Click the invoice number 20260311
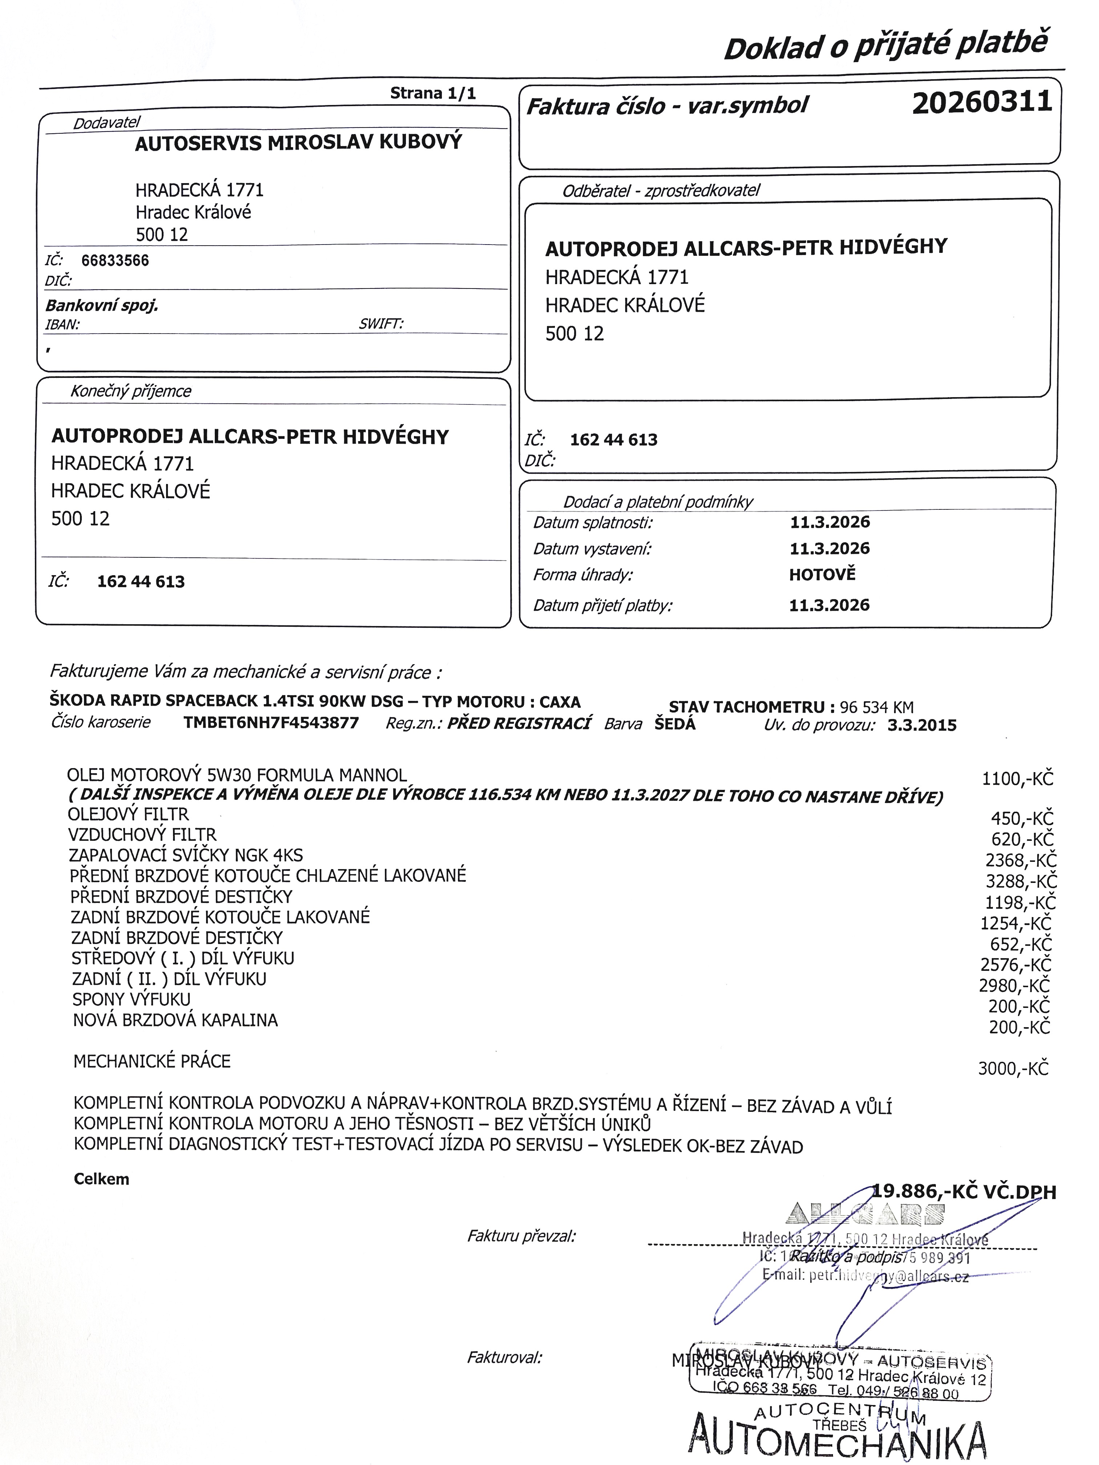coord(982,103)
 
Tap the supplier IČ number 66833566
coord(115,260)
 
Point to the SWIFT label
coord(381,324)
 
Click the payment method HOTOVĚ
coord(822,574)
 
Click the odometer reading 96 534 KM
coord(877,707)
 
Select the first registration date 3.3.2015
coord(922,725)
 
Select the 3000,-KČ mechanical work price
coord(1014,1068)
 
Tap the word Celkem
coord(101,1179)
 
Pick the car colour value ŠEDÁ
coord(675,724)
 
